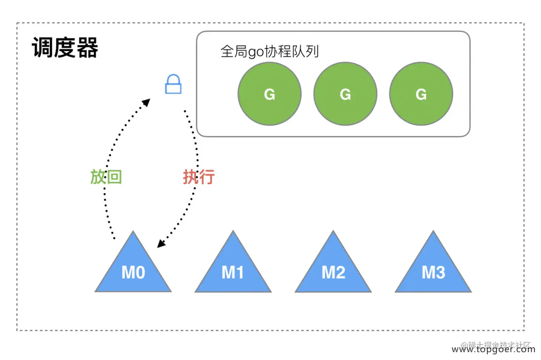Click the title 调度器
65,48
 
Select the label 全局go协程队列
270,51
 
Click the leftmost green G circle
270,94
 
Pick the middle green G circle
345,94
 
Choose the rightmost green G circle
421,94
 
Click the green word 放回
106,177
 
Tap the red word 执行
199,177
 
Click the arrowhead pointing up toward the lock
147,103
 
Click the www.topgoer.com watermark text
493,350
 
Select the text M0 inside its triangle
133,273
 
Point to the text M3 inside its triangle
433,273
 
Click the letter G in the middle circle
345,94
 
